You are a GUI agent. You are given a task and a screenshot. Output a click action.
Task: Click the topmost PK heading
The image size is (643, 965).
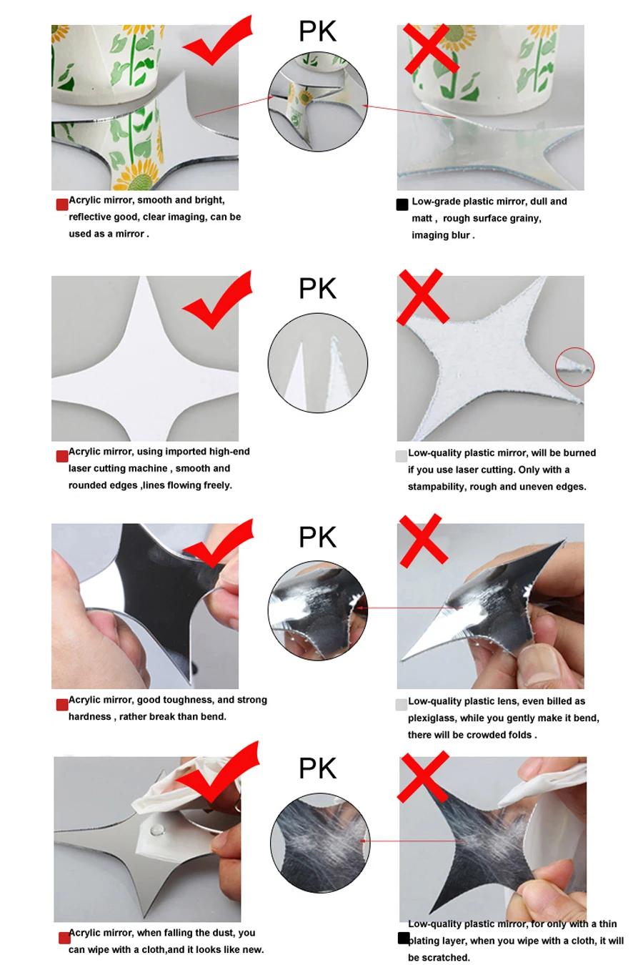click(x=317, y=31)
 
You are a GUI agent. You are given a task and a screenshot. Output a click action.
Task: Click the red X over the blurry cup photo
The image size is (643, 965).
click(x=431, y=49)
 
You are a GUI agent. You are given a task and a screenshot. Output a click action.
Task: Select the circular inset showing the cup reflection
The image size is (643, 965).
click(x=318, y=102)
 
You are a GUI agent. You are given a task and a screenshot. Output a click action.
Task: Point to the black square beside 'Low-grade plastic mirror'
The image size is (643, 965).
click(x=402, y=204)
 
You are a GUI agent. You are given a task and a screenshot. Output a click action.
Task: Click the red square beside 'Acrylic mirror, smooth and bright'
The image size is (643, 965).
click(x=62, y=204)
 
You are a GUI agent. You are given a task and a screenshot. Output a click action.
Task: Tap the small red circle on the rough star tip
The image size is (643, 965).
click(x=574, y=367)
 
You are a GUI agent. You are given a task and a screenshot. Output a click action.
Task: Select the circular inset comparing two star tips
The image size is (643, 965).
click(x=318, y=362)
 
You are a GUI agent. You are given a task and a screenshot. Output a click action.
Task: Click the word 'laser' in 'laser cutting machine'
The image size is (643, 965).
click(x=80, y=468)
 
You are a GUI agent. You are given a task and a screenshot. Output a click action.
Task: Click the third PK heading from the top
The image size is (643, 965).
click(x=317, y=537)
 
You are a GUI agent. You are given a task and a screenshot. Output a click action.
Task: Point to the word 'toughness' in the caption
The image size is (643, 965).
click(x=191, y=700)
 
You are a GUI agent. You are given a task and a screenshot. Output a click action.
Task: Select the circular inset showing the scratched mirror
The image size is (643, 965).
click(x=320, y=843)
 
